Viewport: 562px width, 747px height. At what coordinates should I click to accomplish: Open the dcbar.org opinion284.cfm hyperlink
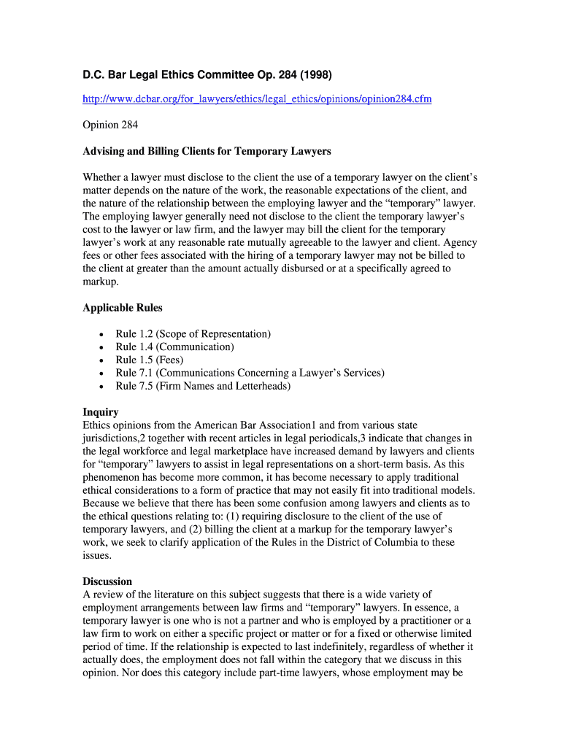(257, 98)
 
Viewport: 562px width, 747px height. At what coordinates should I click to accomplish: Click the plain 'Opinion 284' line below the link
(110, 125)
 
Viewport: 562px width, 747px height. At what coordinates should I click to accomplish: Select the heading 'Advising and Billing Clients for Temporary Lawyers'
(207, 151)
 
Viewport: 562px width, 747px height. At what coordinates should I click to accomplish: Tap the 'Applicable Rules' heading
(123, 307)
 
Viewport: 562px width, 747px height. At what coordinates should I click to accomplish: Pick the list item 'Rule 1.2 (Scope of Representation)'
(193, 333)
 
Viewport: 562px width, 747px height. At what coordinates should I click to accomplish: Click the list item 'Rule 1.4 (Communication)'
(174, 347)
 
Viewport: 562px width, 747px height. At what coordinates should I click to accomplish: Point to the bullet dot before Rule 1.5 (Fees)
(100, 360)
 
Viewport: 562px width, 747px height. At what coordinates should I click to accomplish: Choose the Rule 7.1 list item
(250, 373)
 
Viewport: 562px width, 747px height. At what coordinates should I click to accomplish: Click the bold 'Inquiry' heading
(101, 412)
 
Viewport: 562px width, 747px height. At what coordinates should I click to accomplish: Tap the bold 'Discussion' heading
(107, 581)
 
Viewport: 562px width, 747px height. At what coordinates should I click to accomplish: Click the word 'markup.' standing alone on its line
(101, 282)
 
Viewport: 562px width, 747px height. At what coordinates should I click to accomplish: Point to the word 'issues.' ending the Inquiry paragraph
(98, 555)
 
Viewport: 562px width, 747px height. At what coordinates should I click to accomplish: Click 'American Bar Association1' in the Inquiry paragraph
(255, 425)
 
